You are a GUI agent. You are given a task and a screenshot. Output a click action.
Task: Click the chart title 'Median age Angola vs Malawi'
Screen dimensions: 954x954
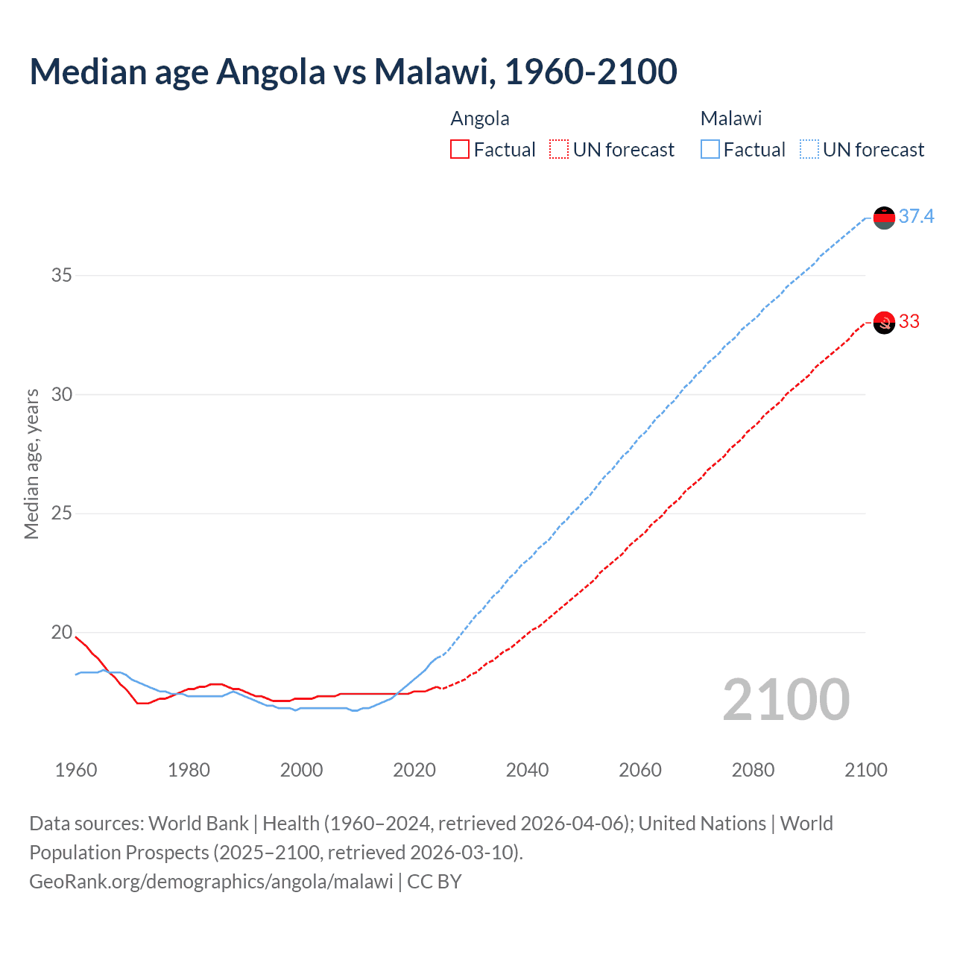[353, 72]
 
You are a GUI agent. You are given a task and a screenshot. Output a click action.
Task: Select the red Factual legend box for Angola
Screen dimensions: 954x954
[460, 150]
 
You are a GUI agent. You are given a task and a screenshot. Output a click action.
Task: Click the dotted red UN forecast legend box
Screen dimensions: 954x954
[558, 150]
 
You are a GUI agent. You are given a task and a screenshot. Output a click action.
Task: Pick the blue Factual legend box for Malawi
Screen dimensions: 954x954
[710, 150]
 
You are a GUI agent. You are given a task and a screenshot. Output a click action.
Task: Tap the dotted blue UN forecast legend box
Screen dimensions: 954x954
[809, 150]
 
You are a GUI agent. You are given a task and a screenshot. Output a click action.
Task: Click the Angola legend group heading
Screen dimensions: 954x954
[480, 119]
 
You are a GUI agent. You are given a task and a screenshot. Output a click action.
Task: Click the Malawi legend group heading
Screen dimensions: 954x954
[730, 119]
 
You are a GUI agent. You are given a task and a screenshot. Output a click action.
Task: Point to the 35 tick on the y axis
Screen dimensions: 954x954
[62, 275]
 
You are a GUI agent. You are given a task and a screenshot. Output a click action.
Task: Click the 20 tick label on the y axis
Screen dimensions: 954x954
[62, 632]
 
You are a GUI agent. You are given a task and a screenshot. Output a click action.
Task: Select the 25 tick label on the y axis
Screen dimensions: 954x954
[62, 514]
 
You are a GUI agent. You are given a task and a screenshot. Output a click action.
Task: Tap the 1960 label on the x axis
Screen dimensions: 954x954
[76, 770]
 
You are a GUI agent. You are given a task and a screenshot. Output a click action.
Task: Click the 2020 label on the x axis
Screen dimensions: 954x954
[414, 770]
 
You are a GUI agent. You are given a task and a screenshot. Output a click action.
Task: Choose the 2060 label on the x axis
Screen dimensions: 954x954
[640, 770]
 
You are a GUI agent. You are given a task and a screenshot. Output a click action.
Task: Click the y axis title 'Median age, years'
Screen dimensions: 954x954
[31, 464]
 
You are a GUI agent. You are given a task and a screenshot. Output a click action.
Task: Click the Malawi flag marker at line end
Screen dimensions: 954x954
[884, 218]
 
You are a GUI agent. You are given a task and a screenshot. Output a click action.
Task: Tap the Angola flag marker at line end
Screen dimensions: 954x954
[884, 323]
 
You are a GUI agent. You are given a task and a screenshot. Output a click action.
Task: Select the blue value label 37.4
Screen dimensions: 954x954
[916, 217]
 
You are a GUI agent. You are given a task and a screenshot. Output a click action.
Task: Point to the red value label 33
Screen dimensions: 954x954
[909, 322]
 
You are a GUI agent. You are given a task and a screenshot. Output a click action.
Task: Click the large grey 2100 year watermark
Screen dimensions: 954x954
[786, 700]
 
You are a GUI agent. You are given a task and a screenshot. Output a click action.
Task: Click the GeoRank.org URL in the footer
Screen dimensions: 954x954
[211, 882]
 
